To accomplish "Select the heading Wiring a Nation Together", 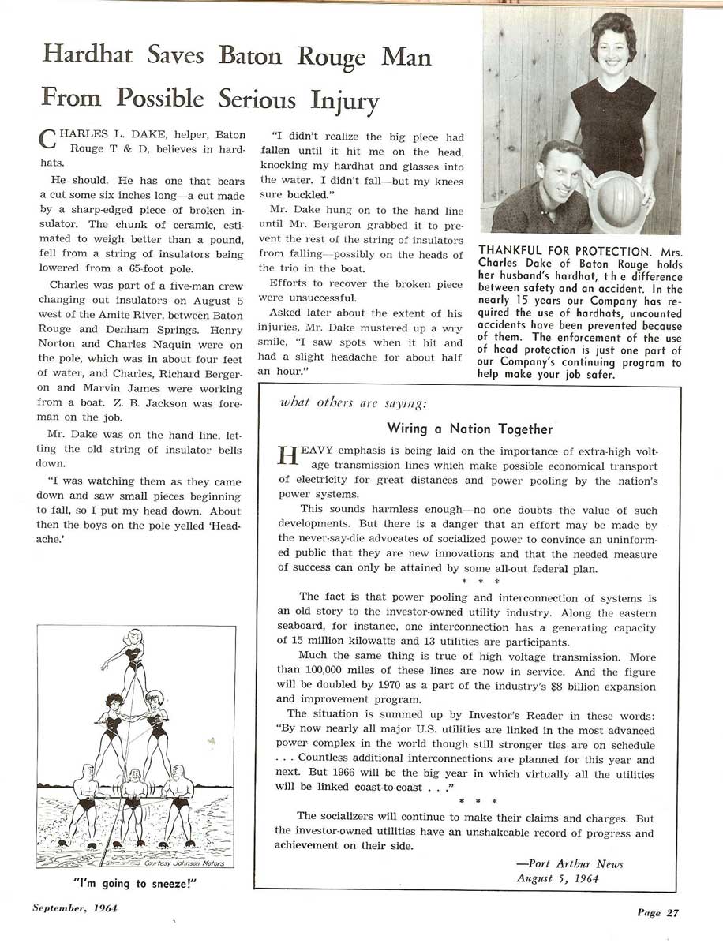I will [470, 429].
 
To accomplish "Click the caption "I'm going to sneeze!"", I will [133, 884].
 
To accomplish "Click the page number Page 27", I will [657, 913].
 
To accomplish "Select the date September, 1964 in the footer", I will [75, 908].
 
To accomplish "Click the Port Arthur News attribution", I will [569, 863].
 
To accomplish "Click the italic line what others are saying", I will [354, 402].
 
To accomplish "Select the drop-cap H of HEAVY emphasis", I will [286, 457].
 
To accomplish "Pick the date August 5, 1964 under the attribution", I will [557, 878].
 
